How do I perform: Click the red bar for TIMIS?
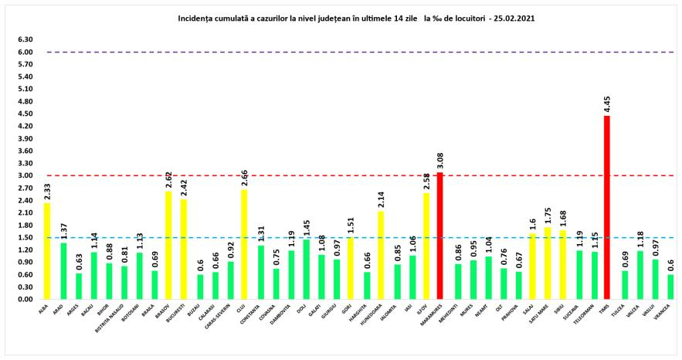[x=606, y=207]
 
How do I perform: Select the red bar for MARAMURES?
[x=441, y=236]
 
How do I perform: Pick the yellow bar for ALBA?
[x=48, y=251]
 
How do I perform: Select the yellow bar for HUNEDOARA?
[x=381, y=255]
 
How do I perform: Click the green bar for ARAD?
[x=63, y=270]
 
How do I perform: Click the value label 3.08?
[x=441, y=161]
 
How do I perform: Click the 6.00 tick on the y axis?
[x=25, y=53]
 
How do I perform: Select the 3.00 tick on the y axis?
[x=25, y=175]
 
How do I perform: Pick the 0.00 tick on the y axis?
[x=25, y=299]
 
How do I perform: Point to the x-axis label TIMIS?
[x=607, y=311]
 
